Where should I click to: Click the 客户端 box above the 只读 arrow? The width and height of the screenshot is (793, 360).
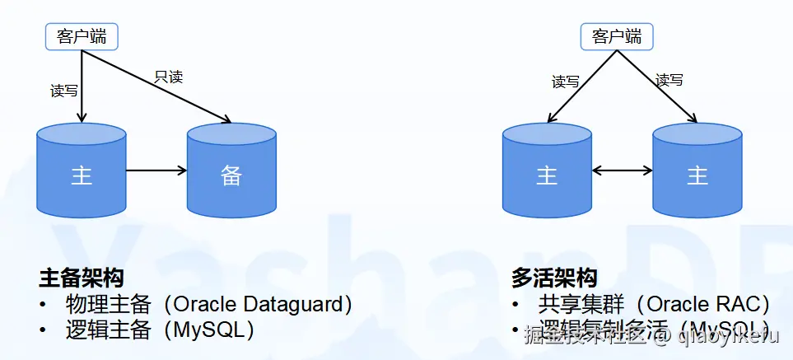click(81, 36)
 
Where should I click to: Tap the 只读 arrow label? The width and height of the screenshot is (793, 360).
click(168, 77)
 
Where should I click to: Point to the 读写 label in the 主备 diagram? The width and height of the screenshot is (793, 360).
click(63, 91)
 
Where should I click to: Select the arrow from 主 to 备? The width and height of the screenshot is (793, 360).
click(156, 171)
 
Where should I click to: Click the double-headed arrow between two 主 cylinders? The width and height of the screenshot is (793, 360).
click(623, 171)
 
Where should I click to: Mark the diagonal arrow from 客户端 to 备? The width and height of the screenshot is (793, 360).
click(156, 84)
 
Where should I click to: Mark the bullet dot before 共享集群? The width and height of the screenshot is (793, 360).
click(515, 305)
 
